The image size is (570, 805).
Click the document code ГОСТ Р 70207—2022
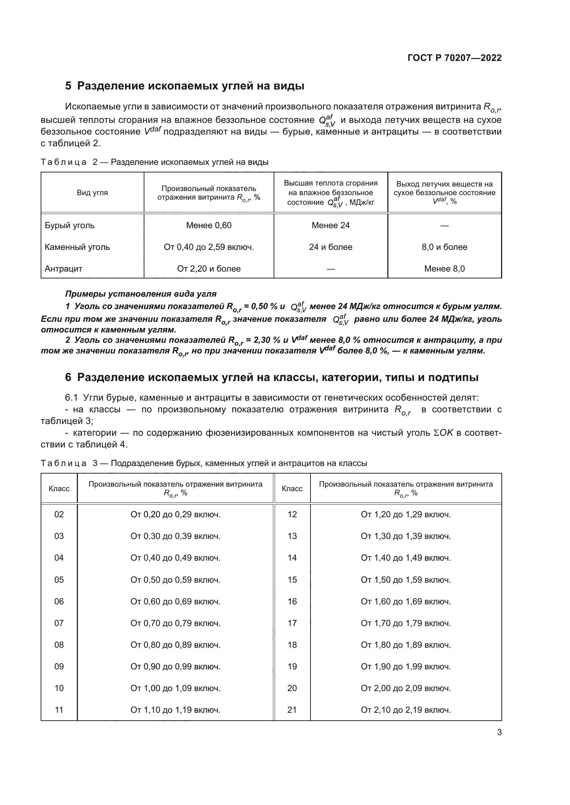[455, 58]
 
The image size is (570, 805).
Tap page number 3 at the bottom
[499, 732]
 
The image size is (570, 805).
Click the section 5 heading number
[68, 86]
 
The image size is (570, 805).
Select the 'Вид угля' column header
[92, 192]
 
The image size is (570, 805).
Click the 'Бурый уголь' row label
[70, 225]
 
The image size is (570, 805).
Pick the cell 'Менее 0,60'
[209, 225]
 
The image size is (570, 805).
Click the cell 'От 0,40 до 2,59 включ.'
[209, 247]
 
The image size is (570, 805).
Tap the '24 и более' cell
[330, 247]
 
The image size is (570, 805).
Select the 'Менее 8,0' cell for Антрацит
[444, 268]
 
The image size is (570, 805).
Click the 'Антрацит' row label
[63, 268]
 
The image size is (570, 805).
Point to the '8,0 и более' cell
[444, 247]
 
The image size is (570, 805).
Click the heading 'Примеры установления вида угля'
[141, 294]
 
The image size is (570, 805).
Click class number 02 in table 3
[59, 514]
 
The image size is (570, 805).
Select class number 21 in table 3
[292, 710]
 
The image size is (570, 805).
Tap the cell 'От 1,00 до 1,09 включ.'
[175, 688]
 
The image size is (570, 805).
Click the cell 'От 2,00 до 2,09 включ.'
[406, 688]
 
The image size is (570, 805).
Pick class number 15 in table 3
[292, 580]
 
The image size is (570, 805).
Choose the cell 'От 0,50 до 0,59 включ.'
[175, 580]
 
